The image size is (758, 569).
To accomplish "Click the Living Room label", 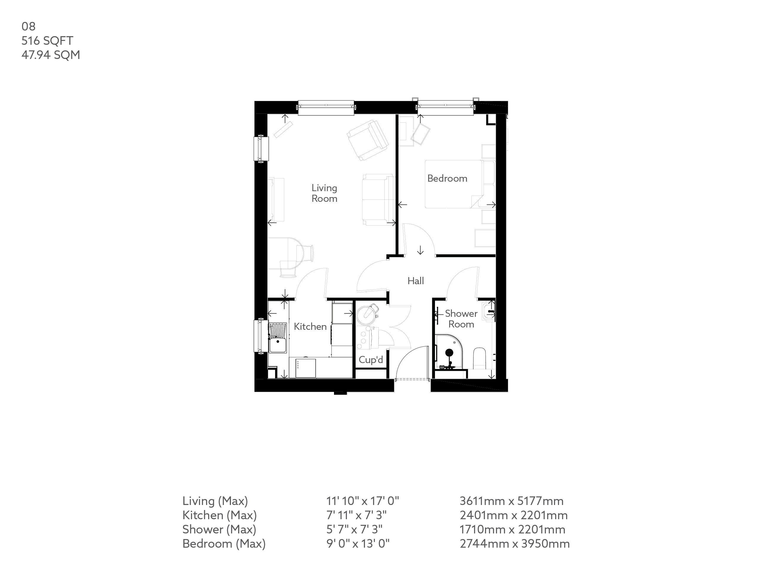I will click(x=324, y=193).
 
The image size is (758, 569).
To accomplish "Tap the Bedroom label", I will click(x=447, y=178).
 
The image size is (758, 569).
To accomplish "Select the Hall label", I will click(x=416, y=281).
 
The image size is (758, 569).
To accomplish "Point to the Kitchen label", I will click(x=310, y=327).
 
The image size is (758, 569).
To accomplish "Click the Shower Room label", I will click(x=461, y=319).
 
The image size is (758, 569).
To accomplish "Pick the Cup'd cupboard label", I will click(x=371, y=360).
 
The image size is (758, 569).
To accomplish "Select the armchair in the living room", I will click(x=367, y=140).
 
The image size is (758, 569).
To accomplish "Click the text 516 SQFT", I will click(x=47, y=41).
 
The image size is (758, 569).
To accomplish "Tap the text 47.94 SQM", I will click(x=51, y=55).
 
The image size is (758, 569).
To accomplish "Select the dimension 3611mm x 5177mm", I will click(x=511, y=501).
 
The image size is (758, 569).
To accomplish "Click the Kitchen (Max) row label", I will click(x=219, y=515).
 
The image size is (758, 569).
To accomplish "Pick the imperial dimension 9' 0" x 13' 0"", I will click(x=358, y=544).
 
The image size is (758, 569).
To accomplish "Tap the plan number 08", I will click(x=28, y=26).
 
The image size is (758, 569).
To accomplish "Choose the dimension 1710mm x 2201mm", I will click(x=512, y=530).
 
